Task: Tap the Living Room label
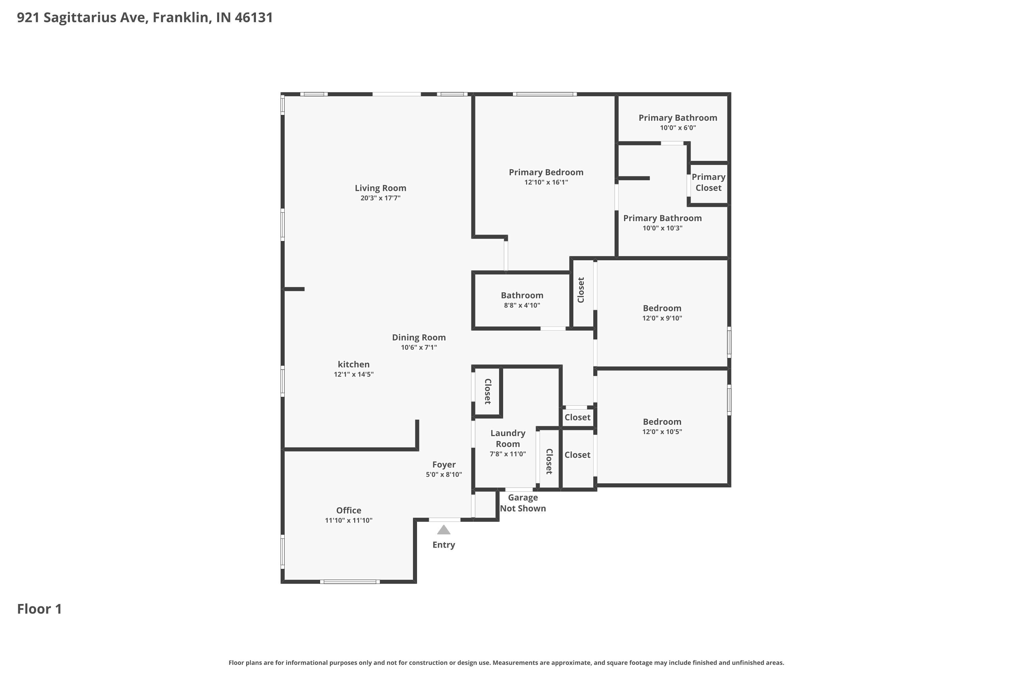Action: (380, 188)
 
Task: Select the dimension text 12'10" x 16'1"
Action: (546, 183)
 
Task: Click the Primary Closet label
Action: (708, 183)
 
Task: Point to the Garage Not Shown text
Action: (522, 503)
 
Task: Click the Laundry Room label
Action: (508, 438)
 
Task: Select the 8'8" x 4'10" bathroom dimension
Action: (522, 305)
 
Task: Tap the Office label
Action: (348, 510)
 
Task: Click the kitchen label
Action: (353, 364)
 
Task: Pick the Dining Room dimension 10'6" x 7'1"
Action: (419, 347)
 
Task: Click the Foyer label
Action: (444, 464)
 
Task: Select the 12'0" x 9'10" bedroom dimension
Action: (661, 318)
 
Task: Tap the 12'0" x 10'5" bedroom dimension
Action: (661, 432)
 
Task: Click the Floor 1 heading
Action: (39, 609)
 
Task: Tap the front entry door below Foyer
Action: (444, 520)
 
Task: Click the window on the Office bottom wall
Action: (350, 582)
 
